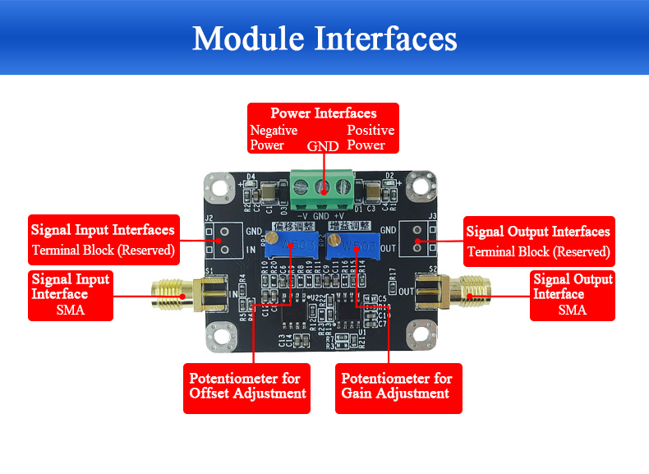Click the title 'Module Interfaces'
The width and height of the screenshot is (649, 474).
click(x=324, y=39)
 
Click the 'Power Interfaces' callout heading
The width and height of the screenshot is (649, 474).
click(x=323, y=113)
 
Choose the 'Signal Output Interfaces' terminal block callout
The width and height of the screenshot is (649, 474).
click(x=538, y=240)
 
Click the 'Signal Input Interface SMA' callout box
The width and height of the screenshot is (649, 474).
click(x=71, y=294)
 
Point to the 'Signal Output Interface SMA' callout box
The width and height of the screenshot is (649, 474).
click(x=573, y=294)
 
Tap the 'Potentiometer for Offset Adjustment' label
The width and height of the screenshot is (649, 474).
click(x=247, y=386)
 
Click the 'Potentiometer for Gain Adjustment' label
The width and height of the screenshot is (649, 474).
click(x=397, y=386)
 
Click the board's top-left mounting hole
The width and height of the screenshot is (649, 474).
click(x=219, y=186)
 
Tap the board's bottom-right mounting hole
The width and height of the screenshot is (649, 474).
click(x=419, y=336)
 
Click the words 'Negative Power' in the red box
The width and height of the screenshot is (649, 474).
click(x=274, y=138)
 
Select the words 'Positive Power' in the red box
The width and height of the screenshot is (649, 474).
click(x=370, y=138)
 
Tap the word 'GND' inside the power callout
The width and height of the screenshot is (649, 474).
click(x=323, y=147)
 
